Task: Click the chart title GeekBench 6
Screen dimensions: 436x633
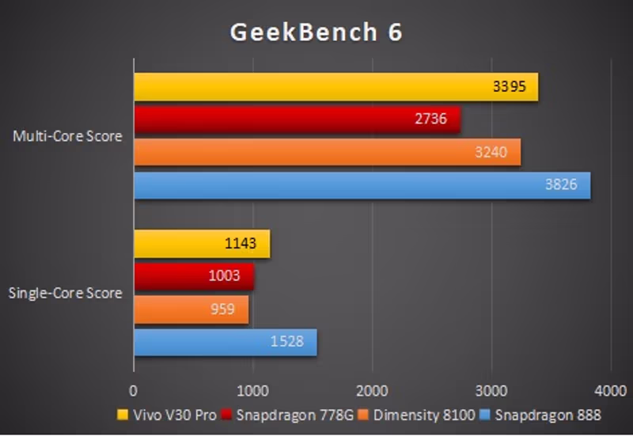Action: point(316,32)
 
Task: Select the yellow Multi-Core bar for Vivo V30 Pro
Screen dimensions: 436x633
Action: point(335,87)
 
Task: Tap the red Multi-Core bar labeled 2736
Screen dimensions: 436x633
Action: point(297,119)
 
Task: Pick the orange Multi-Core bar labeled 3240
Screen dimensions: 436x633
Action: point(327,152)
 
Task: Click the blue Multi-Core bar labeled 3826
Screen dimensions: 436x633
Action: point(362,185)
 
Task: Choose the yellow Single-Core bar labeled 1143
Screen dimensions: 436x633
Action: point(202,244)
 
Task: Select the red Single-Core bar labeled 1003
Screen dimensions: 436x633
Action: point(193,276)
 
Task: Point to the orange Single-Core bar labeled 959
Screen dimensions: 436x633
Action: point(191,309)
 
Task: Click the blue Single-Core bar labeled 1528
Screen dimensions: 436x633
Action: point(225,342)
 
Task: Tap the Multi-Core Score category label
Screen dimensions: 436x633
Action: point(67,136)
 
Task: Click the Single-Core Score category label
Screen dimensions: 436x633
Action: point(65,294)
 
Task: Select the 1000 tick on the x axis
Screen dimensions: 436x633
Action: point(253,390)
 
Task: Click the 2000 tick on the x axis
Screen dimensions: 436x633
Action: point(372,390)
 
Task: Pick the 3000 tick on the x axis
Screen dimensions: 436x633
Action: point(491,390)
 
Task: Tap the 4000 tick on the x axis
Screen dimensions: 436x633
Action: point(610,390)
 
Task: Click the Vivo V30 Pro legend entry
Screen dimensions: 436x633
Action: point(166,415)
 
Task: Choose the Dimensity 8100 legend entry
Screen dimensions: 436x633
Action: point(418,415)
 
